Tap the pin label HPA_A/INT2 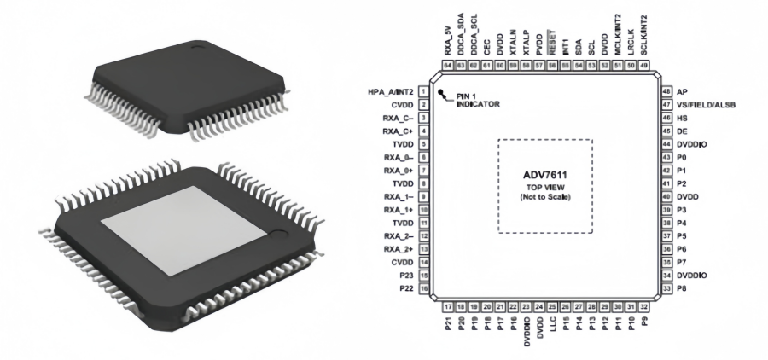(x=390, y=90)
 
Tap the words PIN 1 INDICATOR (x=474, y=99)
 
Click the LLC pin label (x=554, y=328)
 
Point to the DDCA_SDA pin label (x=462, y=36)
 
